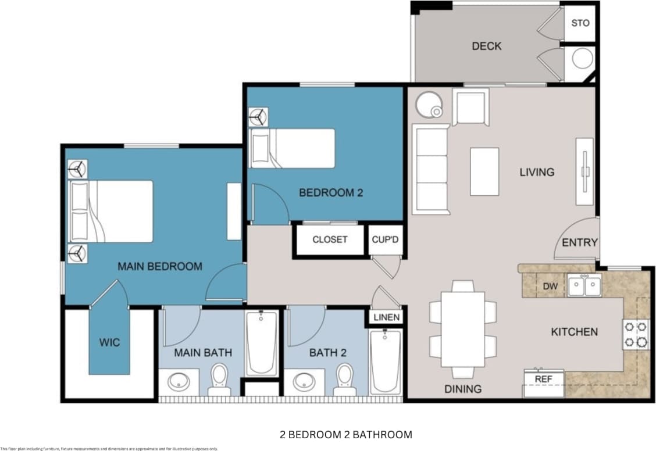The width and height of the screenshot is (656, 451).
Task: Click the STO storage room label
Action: tap(580, 23)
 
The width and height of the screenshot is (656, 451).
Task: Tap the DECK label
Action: tap(486, 46)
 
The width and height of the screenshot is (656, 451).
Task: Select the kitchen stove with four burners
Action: tap(635, 334)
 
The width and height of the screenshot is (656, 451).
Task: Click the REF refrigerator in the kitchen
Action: tap(543, 382)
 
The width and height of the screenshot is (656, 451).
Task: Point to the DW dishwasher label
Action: tap(550, 286)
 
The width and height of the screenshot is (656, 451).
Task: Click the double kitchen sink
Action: tap(584, 285)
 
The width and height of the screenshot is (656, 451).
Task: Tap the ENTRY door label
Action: tap(580, 242)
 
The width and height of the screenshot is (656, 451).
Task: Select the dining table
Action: tap(463, 329)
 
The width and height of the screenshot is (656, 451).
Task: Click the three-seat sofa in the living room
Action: tap(430, 169)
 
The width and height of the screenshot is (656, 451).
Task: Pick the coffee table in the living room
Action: tap(484, 171)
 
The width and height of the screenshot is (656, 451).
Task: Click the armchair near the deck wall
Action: tap(470, 107)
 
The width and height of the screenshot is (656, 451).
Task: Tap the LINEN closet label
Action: tap(386, 317)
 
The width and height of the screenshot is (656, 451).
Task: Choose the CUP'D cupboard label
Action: tap(386, 239)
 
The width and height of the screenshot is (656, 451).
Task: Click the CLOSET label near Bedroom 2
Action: tap(330, 239)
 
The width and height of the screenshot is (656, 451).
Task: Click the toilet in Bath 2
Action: tap(344, 379)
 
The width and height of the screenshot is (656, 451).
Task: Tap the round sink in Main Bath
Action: tap(178, 382)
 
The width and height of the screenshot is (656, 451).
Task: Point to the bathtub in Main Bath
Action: tap(261, 343)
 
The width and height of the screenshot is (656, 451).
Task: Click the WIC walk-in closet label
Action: tap(109, 342)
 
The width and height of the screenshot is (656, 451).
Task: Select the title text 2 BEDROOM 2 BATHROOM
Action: tap(345, 434)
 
